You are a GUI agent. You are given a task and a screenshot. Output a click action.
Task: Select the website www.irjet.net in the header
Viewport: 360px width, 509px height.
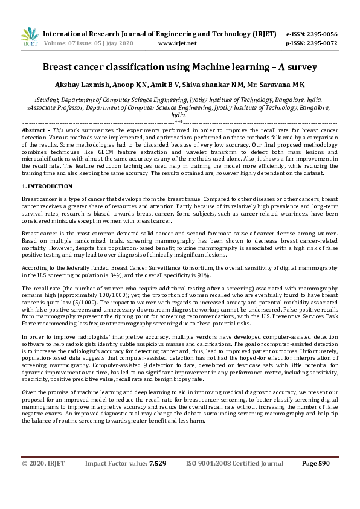coord(177,43)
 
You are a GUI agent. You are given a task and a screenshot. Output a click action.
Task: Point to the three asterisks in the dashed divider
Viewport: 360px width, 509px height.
coord(179,122)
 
